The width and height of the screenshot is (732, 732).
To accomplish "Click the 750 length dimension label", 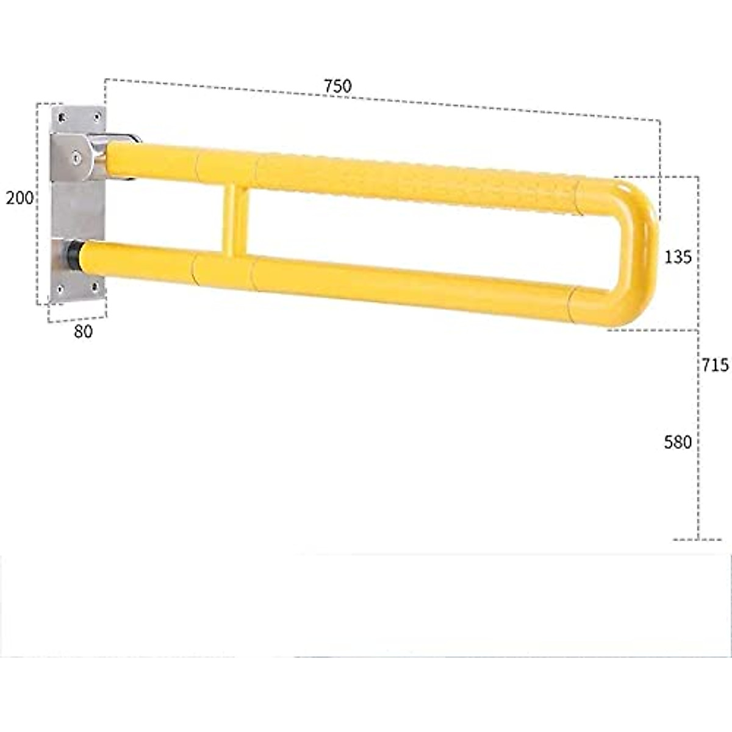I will tap(337, 86).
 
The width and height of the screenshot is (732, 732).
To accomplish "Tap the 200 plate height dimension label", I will tap(20, 198).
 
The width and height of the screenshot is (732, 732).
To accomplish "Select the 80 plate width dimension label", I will tap(83, 331).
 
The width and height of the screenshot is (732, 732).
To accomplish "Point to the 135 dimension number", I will tap(678, 257).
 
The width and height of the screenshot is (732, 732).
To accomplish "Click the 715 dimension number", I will tap(714, 365).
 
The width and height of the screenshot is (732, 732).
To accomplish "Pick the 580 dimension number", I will tap(678, 442).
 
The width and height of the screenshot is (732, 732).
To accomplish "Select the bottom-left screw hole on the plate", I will tap(60, 289).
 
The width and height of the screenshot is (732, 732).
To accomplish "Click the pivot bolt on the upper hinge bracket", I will tap(76, 157).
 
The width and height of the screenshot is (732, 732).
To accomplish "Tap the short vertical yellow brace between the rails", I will tap(234, 221).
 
